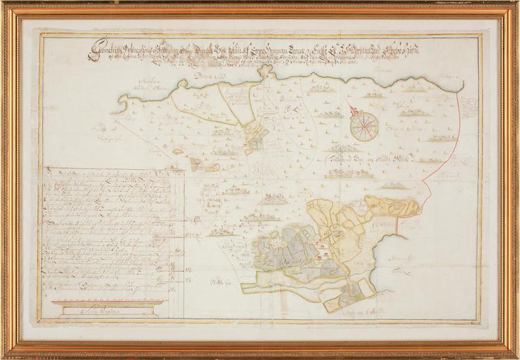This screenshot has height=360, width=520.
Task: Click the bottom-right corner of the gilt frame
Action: (515, 355)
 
